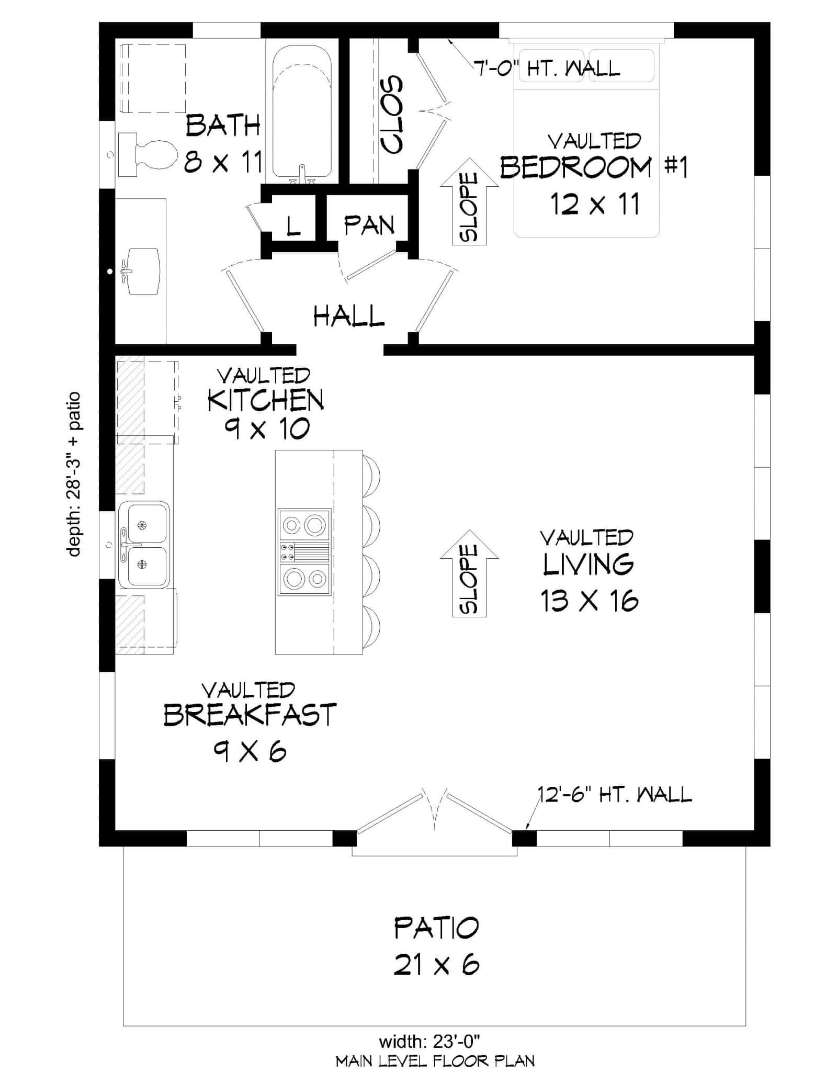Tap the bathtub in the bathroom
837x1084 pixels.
coord(302,111)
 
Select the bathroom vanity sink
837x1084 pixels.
coord(141,272)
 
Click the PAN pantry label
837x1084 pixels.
coord(369,225)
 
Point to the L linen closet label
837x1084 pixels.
coord(293,225)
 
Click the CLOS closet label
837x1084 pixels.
coord(391,115)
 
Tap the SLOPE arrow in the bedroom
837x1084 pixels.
coord(469,202)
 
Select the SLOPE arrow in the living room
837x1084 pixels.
coord(469,573)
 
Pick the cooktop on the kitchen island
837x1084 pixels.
coord(304,552)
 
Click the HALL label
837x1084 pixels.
coord(349,317)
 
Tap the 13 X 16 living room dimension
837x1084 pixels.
coord(589,601)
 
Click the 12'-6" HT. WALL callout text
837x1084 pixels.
coord(615,795)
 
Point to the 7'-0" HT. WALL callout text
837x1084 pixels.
coord(547,68)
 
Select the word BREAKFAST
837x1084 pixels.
coord(250,715)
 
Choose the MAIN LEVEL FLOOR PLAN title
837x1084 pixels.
coord(435,1062)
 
